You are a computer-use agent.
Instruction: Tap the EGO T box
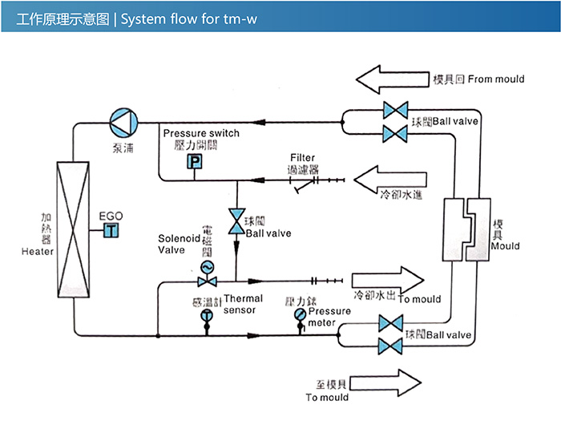pyautogui.click(x=111, y=231)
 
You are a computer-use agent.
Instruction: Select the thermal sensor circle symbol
pyautogui.click(x=208, y=316)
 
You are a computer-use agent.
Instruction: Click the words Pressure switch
pyautogui.click(x=201, y=133)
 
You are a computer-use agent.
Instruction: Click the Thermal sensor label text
pyautogui.click(x=244, y=304)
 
